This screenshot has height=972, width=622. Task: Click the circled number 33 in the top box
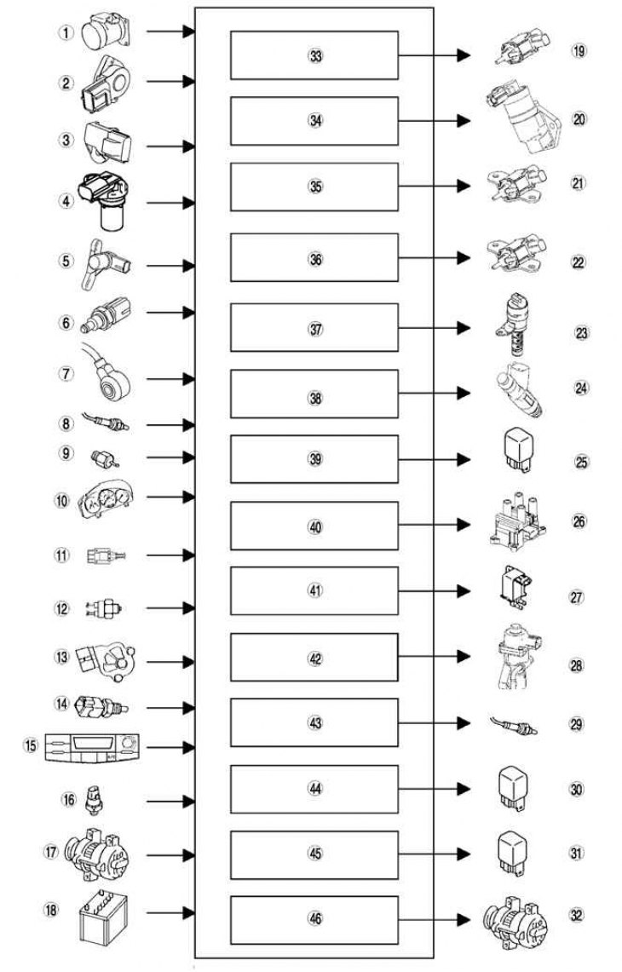315,55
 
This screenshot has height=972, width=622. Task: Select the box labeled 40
314,526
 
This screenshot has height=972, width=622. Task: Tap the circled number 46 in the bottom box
315,918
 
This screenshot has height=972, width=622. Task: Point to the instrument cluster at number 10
106,498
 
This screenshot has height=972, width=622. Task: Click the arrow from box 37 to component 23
434,328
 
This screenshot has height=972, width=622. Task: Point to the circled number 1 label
66,32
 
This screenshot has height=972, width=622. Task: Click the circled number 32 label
578,915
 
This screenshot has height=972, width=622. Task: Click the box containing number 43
314,722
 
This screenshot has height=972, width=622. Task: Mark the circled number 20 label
579,118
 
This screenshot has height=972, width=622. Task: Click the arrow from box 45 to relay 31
434,854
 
